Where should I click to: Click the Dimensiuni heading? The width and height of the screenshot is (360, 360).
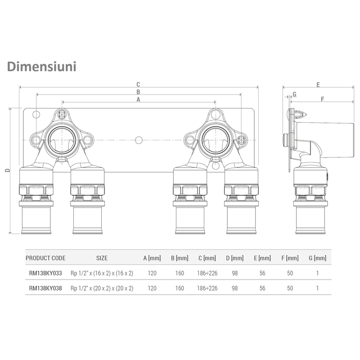[x=41, y=67]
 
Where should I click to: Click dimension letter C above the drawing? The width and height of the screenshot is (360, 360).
[x=139, y=84]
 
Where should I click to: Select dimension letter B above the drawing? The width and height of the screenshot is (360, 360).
[x=139, y=92]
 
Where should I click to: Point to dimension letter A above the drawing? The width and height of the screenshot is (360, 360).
[x=139, y=99]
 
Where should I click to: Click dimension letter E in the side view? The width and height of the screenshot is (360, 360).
[x=318, y=84]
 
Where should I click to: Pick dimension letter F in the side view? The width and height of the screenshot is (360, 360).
[x=323, y=99]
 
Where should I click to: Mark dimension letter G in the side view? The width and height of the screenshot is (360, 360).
[x=295, y=94]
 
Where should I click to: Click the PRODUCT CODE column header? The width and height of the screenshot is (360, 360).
[x=45, y=258]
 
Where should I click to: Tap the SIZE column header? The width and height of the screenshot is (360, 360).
[x=102, y=258]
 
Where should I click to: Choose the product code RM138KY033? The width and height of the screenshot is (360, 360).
[x=45, y=273]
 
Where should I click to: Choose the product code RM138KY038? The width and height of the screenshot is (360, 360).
[x=45, y=288]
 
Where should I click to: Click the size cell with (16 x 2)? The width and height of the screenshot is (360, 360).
[x=102, y=273]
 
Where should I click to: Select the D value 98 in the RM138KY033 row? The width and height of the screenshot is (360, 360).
[x=234, y=273]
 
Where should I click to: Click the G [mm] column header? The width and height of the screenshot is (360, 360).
[x=319, y=258]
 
